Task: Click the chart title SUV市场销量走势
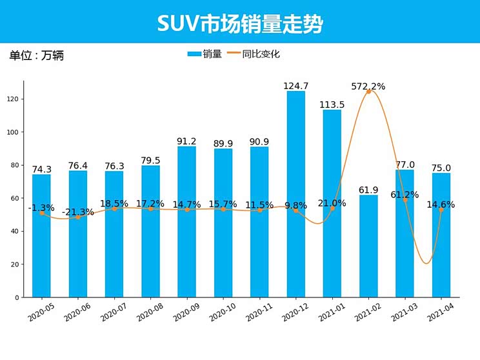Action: coord(239,24)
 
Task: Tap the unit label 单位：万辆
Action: coord(36,55)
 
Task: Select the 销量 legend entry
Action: coord(205,54)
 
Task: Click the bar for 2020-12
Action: coord(296,194)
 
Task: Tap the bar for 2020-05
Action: coord(41,235)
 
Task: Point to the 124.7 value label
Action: coord(296,86)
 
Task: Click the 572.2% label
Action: coord(368,86)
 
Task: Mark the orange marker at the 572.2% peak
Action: coord(368,92)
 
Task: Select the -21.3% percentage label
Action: coord(78,212)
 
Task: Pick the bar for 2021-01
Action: coord(332,203)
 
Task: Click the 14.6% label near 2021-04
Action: coord(441,205)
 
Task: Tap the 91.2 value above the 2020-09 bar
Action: coord(187,141)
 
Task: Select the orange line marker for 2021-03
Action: coord(405,200)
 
